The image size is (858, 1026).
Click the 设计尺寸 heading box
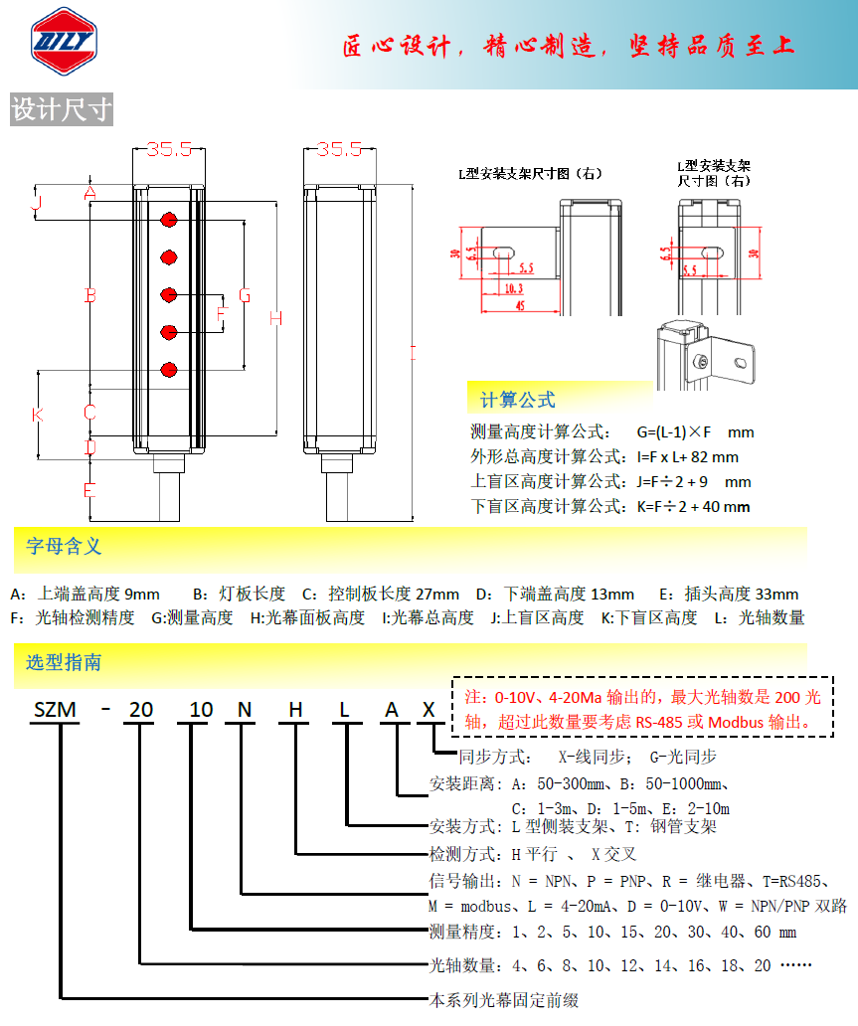coord(62,109)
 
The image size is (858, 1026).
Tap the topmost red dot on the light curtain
coord(168,219)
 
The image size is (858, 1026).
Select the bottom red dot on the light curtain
coord(168,370)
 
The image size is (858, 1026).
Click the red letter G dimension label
coord(245,295)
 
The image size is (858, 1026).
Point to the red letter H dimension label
coord(276,318)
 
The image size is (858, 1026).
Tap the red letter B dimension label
coord(89,295)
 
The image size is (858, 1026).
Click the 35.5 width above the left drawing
coord(168,149)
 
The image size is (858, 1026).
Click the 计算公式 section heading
coord(517,400)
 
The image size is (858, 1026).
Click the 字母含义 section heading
coord(64,546)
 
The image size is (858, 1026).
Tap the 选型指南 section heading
coord(64,662)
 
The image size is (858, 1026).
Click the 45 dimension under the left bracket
coord(519,306)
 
